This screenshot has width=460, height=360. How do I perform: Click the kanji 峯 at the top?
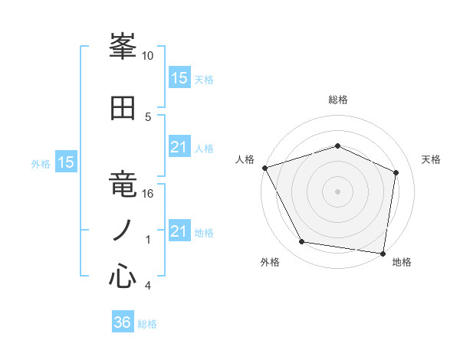[123, 48]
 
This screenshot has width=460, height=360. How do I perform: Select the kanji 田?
[123, 109]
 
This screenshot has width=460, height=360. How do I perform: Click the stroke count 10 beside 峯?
[148, 56]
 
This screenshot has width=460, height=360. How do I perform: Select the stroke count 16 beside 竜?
[148, 194]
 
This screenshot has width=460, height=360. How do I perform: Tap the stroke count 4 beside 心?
[148, 286]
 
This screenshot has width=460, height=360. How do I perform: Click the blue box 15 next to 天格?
[179, 78]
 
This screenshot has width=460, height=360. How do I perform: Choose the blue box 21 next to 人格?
[179, 147]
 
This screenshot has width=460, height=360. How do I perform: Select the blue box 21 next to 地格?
[179, 231]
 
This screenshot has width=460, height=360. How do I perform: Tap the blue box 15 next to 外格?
[66, 162]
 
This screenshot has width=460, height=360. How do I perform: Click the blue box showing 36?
[123, 322]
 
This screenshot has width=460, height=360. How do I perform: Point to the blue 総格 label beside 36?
[148, 324]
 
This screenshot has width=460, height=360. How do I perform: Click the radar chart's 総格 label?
[337, 100]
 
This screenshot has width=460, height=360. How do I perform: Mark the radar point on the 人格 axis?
[264, 168]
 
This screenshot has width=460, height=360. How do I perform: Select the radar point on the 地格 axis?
[383, 252]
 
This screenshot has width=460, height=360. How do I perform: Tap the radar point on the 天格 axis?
[396, 172]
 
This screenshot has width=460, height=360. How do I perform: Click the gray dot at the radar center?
[337, 191]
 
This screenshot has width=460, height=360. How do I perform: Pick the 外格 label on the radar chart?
[270, 262]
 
